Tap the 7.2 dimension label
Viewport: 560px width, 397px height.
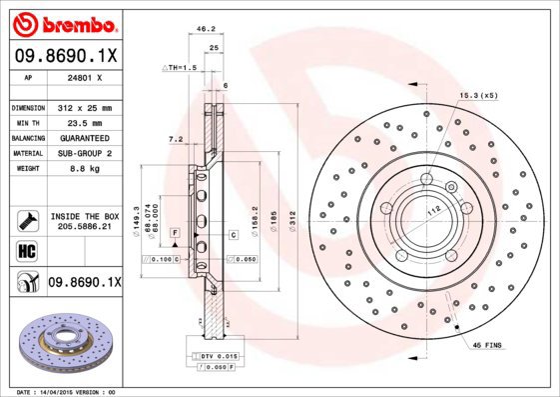click(176, 139)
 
